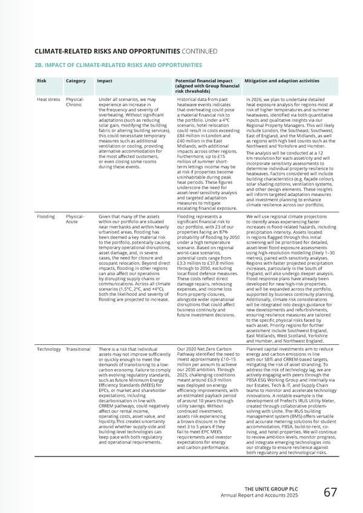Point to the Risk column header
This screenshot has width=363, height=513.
(x=42, y=80)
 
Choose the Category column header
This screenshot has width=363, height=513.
(x=76, y=80)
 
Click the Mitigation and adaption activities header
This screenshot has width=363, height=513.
(x=281, y=80)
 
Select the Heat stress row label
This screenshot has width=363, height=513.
(x=48, y=99)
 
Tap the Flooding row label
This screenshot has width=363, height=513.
(x=47, y=215)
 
